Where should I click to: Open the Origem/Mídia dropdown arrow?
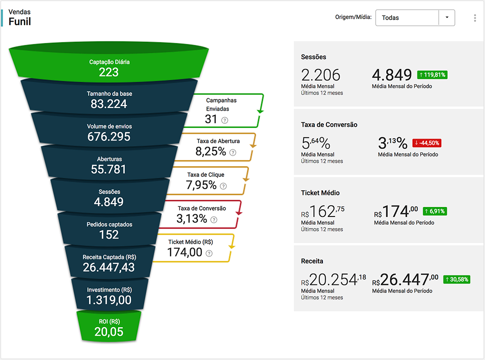click(447, 18)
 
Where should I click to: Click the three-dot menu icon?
click(475, 18)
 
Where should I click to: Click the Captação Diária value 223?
click(109, 72)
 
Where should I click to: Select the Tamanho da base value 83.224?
click(109, 104)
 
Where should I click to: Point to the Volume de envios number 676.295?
click(109, 136)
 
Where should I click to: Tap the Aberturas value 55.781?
click(109, 169)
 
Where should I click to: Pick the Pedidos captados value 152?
click(109, 234)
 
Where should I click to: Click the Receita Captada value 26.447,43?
click(109, 267)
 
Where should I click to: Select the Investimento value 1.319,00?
click(109, 300)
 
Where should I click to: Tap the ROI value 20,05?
click(109, 332)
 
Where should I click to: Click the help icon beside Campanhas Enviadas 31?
click(225, 120)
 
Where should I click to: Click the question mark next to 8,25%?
click(233, 153)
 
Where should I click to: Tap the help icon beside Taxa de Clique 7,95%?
click(223, 186)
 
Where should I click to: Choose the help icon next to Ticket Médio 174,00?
click(209, 253)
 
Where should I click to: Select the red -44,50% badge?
click(426, 143)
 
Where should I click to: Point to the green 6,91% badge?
click(435, 211)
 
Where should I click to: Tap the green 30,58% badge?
click(457, 279)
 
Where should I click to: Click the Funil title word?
click(20, 21)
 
